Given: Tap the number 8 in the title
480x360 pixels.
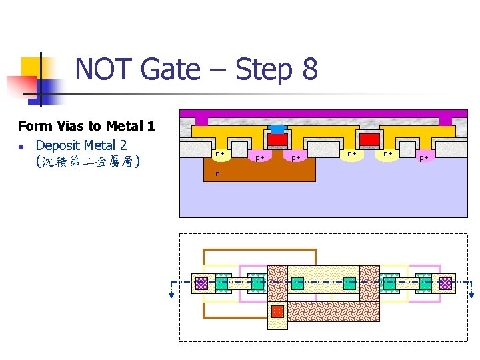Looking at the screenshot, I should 309,69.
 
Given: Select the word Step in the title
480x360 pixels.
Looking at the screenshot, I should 259,69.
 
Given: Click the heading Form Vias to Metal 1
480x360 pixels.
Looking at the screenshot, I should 86,125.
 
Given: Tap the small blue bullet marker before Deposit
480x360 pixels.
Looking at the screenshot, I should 21,146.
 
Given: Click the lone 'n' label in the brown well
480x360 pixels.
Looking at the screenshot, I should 217,174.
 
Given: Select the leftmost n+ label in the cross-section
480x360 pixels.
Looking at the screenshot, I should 219,154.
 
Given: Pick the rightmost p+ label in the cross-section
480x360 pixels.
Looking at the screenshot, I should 423,158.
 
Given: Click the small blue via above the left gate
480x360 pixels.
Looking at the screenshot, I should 277,129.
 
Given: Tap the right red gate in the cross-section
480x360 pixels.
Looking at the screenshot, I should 369,139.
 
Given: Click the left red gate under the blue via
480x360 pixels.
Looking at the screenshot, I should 277,139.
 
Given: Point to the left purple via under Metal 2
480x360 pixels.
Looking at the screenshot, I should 201,121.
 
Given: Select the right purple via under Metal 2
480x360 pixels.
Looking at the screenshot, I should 445,121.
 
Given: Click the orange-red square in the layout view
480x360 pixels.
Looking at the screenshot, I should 277,311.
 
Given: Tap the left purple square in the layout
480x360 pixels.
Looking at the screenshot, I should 201,283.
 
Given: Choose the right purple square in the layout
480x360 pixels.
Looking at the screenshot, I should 445,283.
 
